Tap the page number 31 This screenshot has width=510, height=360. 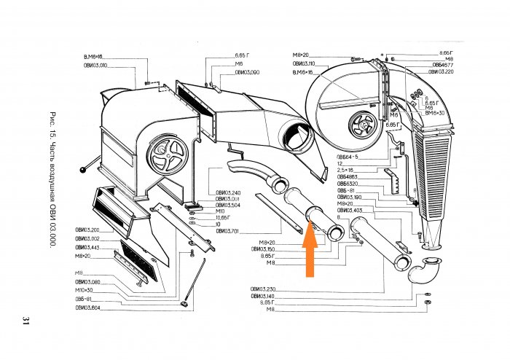click(x=25, y=321)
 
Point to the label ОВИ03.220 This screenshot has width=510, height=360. click(x=441, y=71)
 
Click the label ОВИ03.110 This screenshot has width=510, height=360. click(x=304, y=64)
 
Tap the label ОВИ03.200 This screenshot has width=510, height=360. click(x=87, y=230)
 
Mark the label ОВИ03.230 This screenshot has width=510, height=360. click(x=263, y=289)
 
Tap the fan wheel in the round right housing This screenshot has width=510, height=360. click(x=361, y=125)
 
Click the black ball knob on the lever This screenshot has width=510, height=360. click(x=86, y=171)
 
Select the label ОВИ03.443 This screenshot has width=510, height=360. click(x=87, y=248)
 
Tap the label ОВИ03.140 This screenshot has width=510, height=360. click(x=263, y=296)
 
